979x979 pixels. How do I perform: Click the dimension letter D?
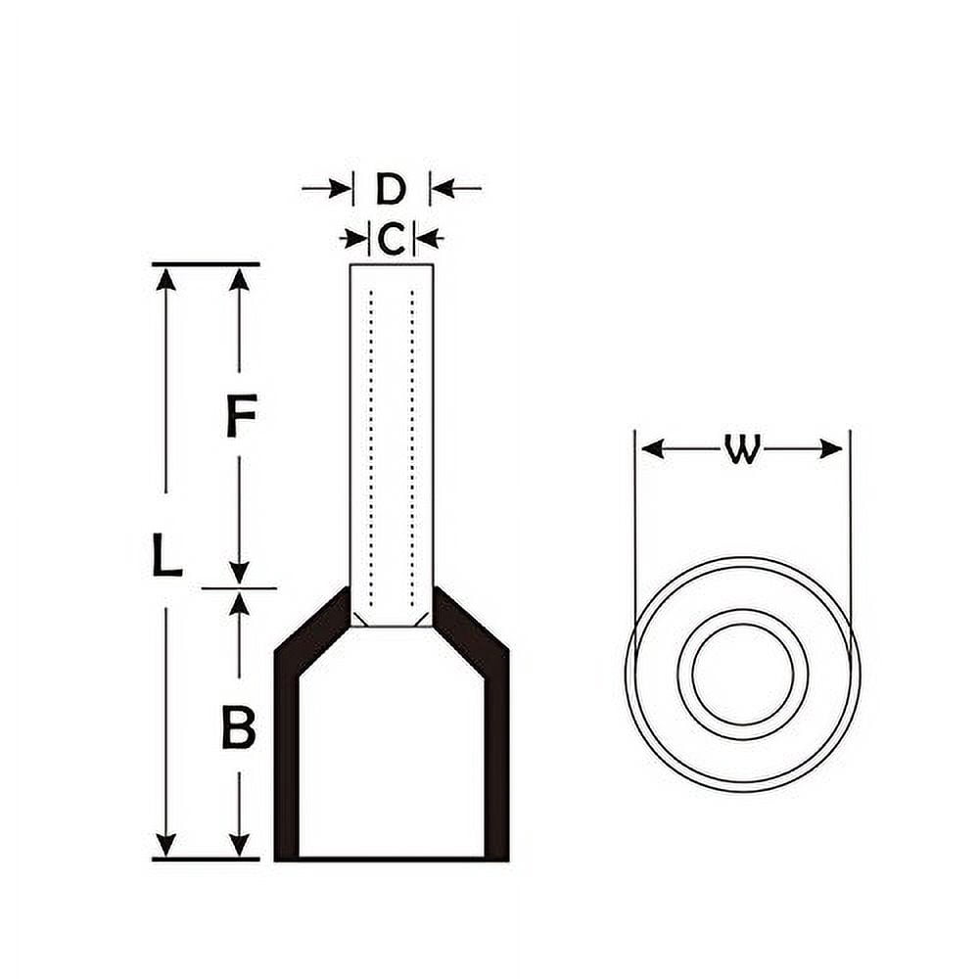pos(391,189)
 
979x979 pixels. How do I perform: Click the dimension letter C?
pos(392,238)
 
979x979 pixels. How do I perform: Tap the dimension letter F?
pos(241,415)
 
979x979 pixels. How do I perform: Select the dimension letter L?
pos(167,553)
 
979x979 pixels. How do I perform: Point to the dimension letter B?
pos(239,727)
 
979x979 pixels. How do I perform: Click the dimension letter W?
pos(742,449)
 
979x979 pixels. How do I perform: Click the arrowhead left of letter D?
pos(338,188)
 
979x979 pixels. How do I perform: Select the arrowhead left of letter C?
pos(356,238)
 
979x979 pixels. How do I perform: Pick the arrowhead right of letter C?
pos(426,238)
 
